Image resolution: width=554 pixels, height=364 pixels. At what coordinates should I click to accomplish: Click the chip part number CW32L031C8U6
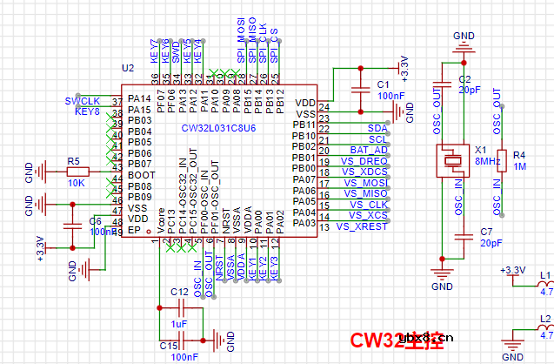point(218,128)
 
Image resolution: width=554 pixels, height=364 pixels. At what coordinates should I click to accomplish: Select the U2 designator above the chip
point(128,68)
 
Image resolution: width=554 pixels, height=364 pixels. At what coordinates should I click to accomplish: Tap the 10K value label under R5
point(75,185)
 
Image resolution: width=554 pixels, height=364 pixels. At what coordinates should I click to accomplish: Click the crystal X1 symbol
point(453,160)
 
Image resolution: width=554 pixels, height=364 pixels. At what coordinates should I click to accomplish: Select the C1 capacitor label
point(381,84)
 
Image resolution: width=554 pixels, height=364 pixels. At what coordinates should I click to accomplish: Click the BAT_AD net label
point(369,150)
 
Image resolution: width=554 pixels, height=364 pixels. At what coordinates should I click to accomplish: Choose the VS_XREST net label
point(360,226)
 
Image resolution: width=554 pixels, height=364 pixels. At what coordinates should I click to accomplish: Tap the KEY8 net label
point(87,112)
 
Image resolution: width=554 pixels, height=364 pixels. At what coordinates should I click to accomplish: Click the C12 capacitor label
point(179,292)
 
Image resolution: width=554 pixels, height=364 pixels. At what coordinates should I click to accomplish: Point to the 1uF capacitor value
point(179,324)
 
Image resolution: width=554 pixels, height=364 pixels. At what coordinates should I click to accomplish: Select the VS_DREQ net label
point(364,161)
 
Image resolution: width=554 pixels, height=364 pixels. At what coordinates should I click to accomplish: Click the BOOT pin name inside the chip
point(140,175)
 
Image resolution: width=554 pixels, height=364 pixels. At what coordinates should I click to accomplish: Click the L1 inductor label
point(545,275)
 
